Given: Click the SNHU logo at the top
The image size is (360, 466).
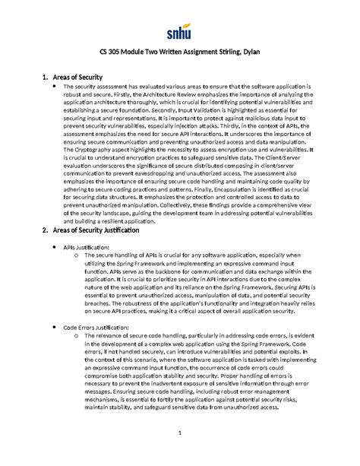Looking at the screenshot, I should [x=180, y=31].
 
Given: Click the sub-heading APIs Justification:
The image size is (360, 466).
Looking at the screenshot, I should [x=86, y=248].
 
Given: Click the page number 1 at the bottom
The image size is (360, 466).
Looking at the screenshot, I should [x=180, y=455].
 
